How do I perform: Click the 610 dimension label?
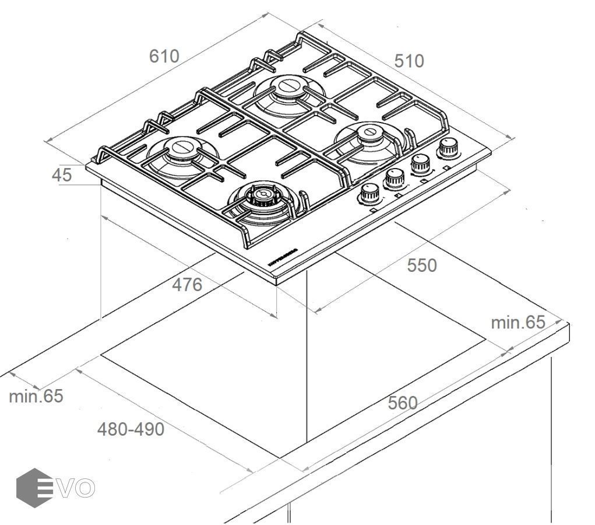pos(164,56)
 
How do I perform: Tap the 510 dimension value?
pos(409,61)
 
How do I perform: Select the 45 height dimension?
pos(61,174)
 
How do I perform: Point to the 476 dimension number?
pos(186,285)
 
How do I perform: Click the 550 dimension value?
pos(421,265)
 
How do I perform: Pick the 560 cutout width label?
pos(403,402)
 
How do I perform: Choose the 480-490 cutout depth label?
pos(131,429)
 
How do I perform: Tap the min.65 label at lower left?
pos(36,396)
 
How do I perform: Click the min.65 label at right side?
pos(517,322)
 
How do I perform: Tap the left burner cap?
pos(182,146)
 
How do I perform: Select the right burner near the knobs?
pos(369,135)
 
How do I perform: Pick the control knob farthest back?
pos(448,147)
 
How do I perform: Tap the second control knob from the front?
pos(395,177)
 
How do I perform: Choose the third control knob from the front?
pos(420,163)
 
